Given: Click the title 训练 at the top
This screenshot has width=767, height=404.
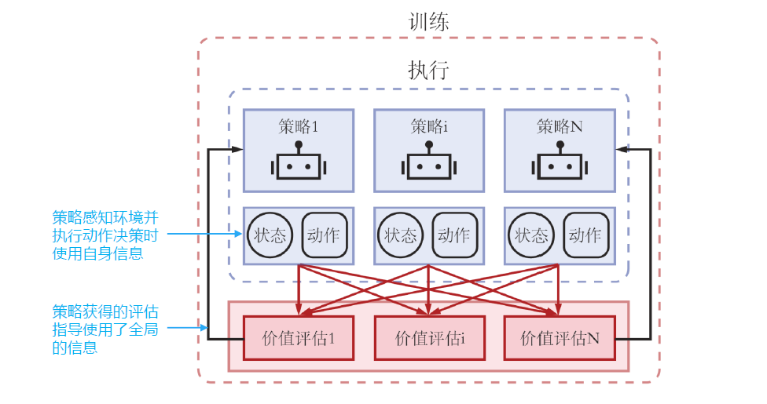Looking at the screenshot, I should (429, 21).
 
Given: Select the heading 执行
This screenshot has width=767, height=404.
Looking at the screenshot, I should (429, 71).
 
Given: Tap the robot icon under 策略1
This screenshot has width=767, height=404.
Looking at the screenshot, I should (298, 163).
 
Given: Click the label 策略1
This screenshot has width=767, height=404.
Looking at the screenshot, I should (298, 126).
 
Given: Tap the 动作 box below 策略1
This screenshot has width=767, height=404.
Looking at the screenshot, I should (324, 235).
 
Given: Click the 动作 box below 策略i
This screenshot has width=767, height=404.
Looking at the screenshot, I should (454, 235).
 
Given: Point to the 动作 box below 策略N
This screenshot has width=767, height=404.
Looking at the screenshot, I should (585, 235).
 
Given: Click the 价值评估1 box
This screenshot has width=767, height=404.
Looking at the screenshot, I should (298, 338).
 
